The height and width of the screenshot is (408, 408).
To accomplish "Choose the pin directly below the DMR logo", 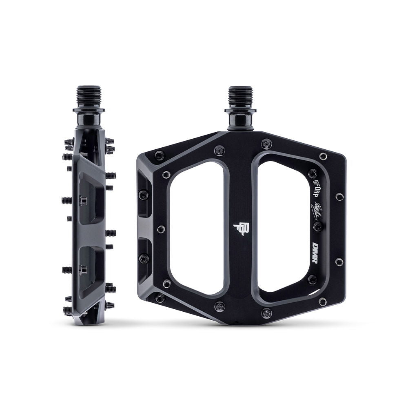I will [x=312, y=280].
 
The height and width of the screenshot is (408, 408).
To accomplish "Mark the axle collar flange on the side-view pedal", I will [x=89, y=109].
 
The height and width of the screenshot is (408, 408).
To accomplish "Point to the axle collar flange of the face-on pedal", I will [x=240, y=110].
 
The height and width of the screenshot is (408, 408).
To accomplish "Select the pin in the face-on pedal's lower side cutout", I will [x=144, y=258].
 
